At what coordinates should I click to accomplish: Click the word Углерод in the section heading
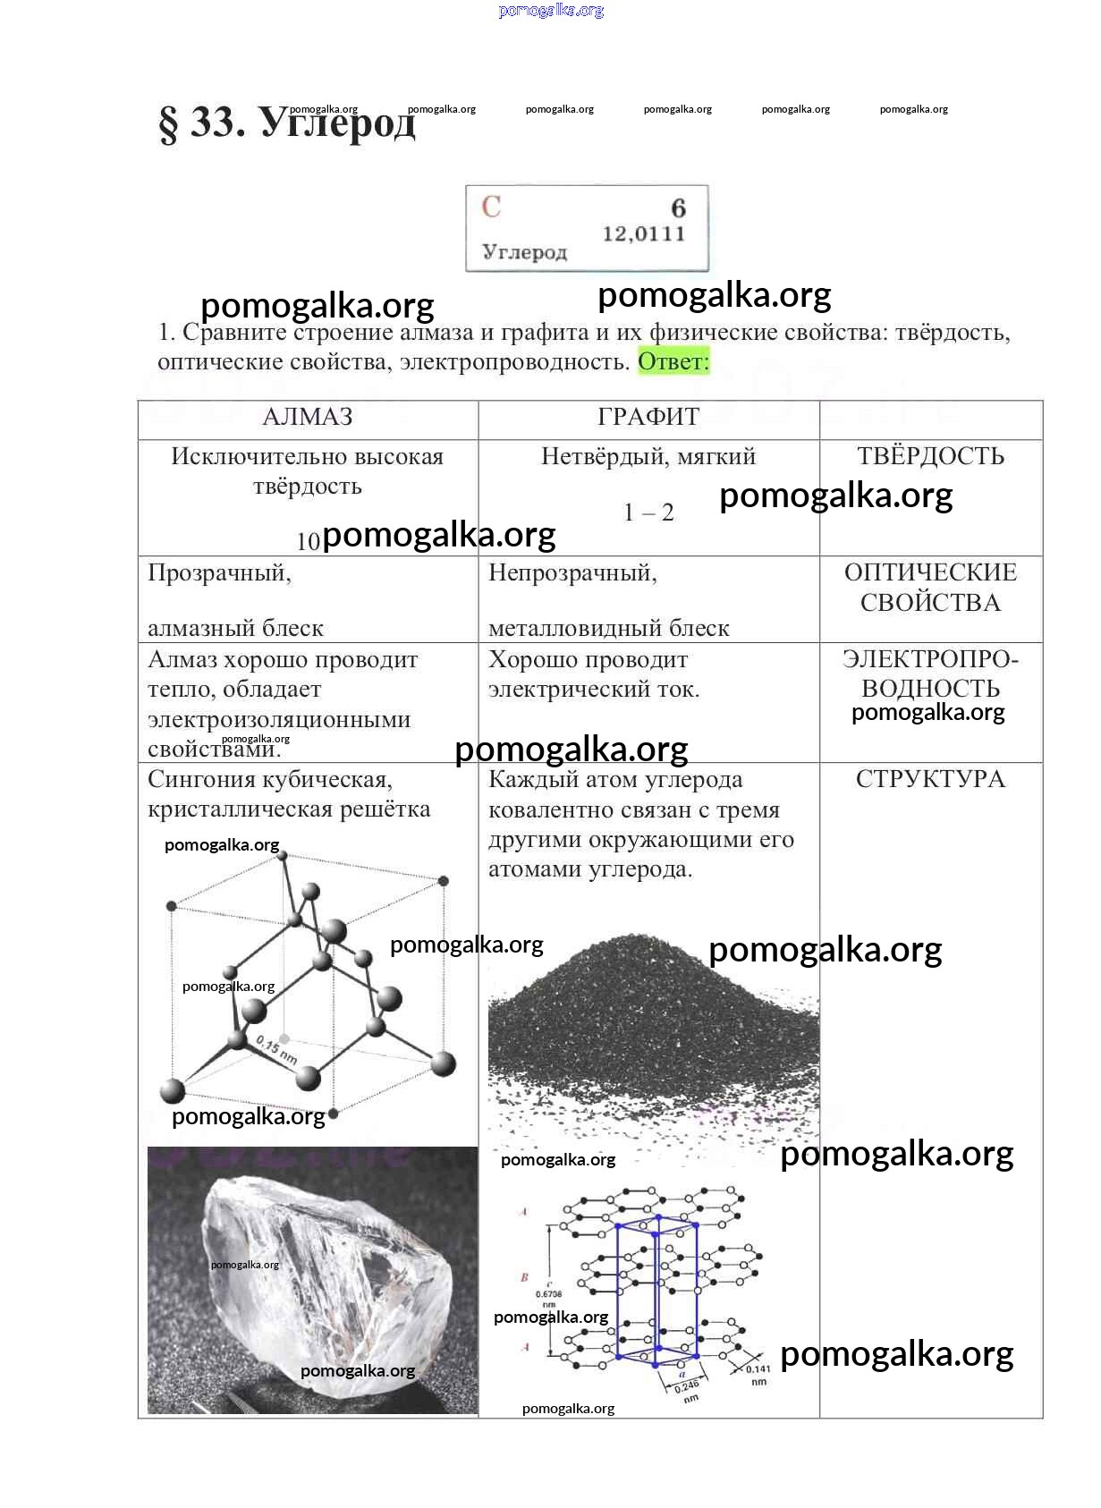[338, 122]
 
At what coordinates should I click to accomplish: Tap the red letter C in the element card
[491, 207]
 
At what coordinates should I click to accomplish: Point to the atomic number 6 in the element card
[678, 208]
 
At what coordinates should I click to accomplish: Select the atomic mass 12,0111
[643, 234]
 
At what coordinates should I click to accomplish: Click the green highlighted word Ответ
[673, 361]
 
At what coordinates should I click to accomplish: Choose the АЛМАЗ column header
[308, 417]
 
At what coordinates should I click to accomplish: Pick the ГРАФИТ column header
[648, 417]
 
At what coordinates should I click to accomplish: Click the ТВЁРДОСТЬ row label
[930, 456]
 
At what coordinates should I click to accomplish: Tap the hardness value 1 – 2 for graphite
[648, 513]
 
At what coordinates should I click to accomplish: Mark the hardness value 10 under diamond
[308, 541]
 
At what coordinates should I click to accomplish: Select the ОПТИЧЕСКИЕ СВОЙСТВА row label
[930, 588]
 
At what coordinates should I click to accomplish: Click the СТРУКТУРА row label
[930, 779]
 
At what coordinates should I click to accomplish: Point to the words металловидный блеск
[608, 629]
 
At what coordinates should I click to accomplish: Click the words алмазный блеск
[235, 629]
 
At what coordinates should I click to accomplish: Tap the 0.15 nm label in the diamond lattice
[276, 1049]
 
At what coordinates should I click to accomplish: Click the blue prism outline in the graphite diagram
[657, 1288]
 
